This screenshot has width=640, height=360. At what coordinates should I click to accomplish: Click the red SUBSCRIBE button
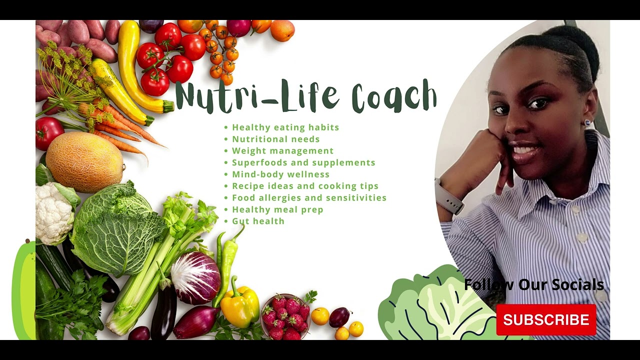[546, 319]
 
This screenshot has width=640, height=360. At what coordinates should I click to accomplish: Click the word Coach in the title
[394, 96]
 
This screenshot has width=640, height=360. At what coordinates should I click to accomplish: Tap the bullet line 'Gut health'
[258, 221]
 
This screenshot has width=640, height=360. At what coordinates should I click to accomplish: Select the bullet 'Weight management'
[282, 150]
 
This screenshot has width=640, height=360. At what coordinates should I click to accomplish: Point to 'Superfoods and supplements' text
[303, 162]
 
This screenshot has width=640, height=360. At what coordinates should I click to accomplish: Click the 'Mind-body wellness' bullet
[280, 174]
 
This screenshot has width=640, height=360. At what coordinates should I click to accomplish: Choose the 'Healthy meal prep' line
[277, 209]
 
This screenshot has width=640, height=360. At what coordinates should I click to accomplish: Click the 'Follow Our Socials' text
[534, 284]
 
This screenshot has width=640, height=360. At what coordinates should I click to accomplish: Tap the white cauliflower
[53, 212]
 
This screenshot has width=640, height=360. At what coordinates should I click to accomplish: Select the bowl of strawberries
[285, 315]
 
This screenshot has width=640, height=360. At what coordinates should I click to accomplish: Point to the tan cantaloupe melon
[84, 162]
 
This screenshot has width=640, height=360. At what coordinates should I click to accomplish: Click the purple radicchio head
[195, 277]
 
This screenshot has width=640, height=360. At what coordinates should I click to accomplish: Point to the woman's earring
[587, 122]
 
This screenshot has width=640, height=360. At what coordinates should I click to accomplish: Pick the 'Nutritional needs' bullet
[275, 139]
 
